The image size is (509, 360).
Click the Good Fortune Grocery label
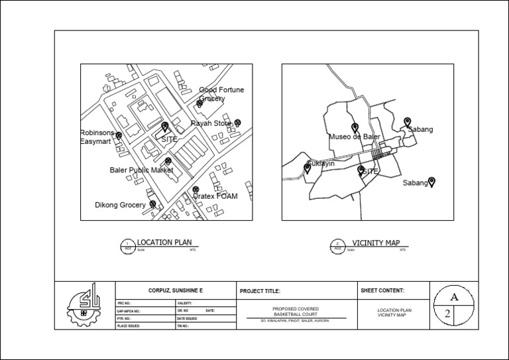(x=221, y=94)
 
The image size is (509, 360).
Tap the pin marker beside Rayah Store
(x=238, y=122)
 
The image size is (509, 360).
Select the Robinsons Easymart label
(x=97, y=137)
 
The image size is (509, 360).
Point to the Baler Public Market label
(x=141, y=170)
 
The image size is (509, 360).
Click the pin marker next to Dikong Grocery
(x=153, y=204)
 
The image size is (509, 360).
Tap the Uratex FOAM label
(x=215, y=196)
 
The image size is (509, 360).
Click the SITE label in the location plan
(x=170, y=139)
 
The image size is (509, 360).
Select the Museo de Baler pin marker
(x=355, y=127)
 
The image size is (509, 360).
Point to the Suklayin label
(x=321, y=163)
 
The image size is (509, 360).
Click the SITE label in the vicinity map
(x=370, y=171)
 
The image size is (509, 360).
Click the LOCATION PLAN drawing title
(x=164, y=243)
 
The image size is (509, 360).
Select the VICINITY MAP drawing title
(x=376, y=243)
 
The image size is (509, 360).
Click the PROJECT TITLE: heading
(x=260, y=291)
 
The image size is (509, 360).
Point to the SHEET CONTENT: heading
(x=382, y=290)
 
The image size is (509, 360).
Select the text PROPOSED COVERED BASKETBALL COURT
(x=296, y=312)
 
